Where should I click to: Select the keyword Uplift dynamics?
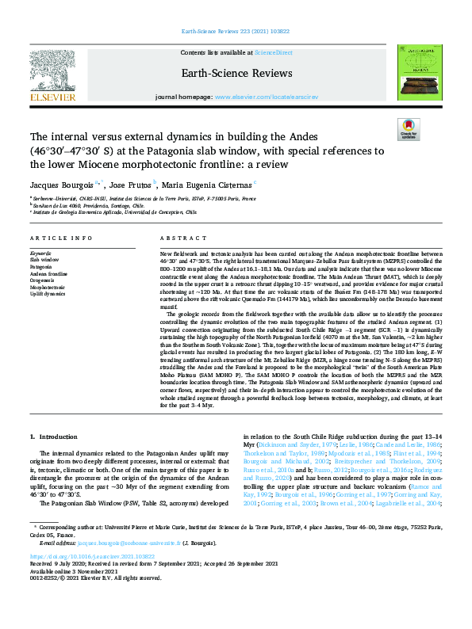click(48, 293)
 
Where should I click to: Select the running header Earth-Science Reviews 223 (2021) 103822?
click(236, 33)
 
